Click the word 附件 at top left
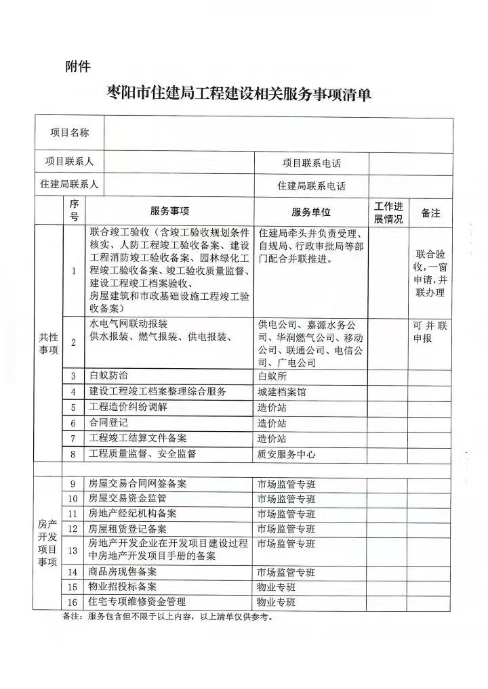tap(78, 66)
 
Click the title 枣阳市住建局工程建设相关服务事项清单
tap(240, 94)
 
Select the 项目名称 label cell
tap(70, 133)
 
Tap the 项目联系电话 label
tap(311, 163)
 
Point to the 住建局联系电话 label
tap(311, 185)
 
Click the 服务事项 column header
tap(169, 212)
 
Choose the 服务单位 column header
tap(311, 212)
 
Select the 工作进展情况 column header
tap(388, 213)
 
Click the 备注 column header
tap(430, 213)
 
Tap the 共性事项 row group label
tap(49, 344)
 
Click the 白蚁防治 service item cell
tap(108, 376)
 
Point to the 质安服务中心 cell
tap(286, 454)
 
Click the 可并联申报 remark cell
tap(430, 332)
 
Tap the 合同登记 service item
tap(108, 422)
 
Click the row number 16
tap(73, 602)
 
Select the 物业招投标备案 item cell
tap(123, 587)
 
